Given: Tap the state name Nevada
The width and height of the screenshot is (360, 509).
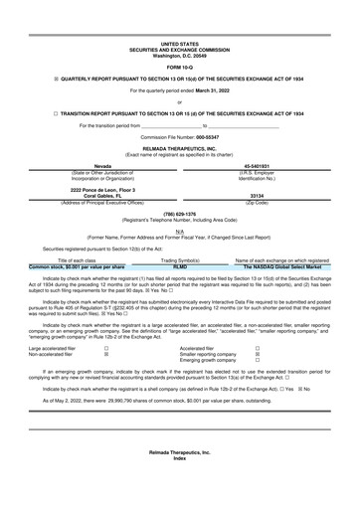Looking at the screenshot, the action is [102, 166].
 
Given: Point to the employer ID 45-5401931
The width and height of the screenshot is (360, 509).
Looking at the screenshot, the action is [257, 166].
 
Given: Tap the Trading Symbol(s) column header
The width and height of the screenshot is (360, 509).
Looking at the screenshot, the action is [181, 260].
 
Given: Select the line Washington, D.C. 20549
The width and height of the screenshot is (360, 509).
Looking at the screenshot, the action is [179, 55].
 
